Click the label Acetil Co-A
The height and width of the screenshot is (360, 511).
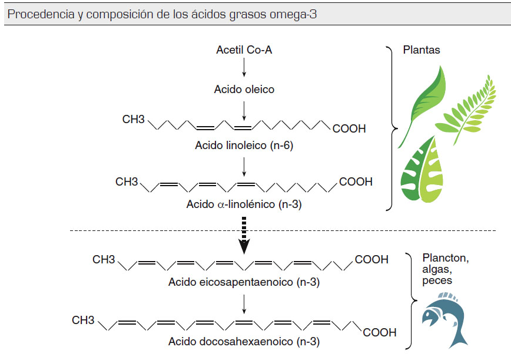[244, 50]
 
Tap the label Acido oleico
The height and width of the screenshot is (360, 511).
[244, 90]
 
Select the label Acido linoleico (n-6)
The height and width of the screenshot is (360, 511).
[244, 146]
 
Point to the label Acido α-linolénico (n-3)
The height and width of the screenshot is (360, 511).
[244, 204]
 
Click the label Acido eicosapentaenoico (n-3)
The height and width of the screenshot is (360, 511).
[244, 282]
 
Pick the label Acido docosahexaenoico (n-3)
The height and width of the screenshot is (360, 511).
[244, 341]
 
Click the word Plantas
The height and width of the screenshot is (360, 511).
[422, 50]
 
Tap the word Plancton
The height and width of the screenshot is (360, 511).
[445, 258]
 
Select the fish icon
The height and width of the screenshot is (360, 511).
[445, 321]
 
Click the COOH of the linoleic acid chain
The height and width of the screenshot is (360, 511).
[349, 128]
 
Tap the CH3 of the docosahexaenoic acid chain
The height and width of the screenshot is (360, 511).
[83, 321]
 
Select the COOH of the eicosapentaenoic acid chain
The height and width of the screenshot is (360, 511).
[371, 259]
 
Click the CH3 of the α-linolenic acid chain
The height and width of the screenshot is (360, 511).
[127, 181]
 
